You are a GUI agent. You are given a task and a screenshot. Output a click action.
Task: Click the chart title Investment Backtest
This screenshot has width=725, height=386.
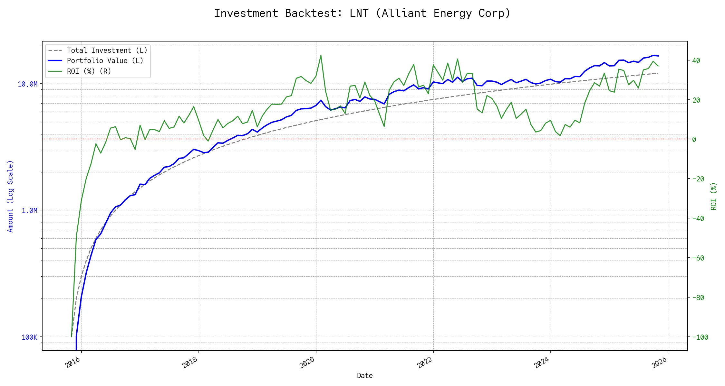click(362, 13)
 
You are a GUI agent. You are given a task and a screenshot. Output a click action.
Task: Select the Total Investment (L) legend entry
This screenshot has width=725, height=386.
click(107, 51)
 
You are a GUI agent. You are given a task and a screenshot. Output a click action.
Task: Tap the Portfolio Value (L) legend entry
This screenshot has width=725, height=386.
click(105, 61)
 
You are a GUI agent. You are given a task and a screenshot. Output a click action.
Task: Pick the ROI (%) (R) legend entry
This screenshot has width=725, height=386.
click(89, 71)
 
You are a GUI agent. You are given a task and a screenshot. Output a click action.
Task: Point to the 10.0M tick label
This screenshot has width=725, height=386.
click(27, 84)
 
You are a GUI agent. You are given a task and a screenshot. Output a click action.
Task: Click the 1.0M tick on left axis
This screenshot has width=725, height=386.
click(29, 211)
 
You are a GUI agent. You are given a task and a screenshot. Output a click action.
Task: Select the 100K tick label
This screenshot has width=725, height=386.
click(29, 337)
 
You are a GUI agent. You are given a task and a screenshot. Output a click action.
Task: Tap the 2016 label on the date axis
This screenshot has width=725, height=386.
click(73, 363)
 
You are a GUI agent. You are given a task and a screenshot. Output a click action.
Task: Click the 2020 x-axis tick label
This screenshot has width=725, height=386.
click(307, 363)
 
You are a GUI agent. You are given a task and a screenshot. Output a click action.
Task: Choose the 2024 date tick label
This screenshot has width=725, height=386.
click(542, 363)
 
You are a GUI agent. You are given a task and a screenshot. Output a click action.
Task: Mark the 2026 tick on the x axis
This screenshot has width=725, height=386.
click(659, 363)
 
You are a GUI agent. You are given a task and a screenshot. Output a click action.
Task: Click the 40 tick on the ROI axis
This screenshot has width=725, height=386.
click(696, 60)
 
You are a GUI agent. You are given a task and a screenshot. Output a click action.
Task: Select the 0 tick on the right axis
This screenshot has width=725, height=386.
click(694, 139)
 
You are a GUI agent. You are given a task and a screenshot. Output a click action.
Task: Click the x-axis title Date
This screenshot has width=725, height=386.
click(365, 376)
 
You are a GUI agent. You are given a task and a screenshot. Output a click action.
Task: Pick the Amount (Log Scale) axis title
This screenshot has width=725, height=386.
click(10, 196)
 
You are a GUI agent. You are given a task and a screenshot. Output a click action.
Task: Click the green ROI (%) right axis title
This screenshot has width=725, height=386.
click(714, 196)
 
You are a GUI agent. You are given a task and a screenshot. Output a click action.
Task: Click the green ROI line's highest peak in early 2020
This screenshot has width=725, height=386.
click(321, 55)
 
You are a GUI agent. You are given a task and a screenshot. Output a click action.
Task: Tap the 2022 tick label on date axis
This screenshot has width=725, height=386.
click(425, 363)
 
